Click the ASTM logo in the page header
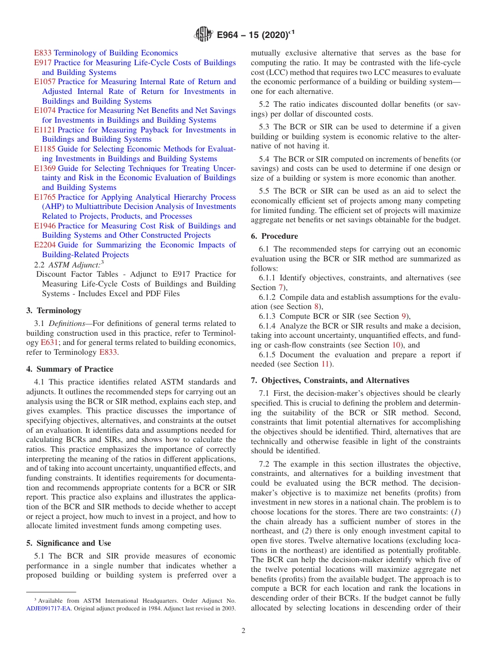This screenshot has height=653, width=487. (x=204, y=35)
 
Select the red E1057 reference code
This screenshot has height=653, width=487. (x=45, y=82)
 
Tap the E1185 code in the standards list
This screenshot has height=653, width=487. (x=45, y=149)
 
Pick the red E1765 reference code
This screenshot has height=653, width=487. (x=45, y=197)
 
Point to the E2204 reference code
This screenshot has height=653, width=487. (x=45, y=245)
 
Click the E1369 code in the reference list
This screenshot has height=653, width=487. (x=45, y=168)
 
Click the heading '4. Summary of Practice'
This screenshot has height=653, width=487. (x=70, y=369)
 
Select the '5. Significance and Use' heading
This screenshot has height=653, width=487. (x=69, y=543)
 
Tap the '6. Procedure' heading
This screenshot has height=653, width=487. (x=274, y=236)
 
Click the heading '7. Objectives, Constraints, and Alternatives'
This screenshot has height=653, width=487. (x=330, y=380)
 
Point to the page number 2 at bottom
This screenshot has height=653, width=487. (x=243, y=631)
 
